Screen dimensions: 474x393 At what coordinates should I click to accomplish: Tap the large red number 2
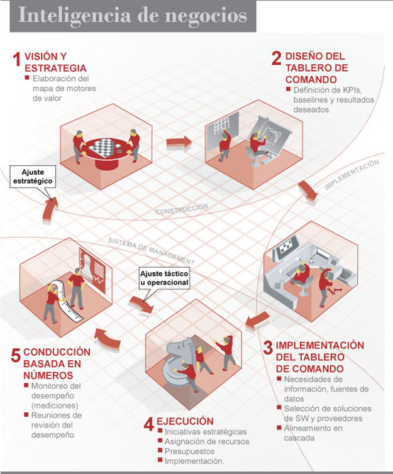click(276, 58)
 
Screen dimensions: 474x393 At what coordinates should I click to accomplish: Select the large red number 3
click(268, 348)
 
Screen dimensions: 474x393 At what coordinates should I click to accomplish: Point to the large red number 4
click(149, 424)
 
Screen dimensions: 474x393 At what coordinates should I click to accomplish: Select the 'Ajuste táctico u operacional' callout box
click(163, 278)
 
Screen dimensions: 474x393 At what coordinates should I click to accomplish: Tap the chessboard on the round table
click(101, 146)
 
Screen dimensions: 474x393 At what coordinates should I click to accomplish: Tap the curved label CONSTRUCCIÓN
click(182, 209)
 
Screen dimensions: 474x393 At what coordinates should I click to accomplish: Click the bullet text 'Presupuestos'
click(189, 451)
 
